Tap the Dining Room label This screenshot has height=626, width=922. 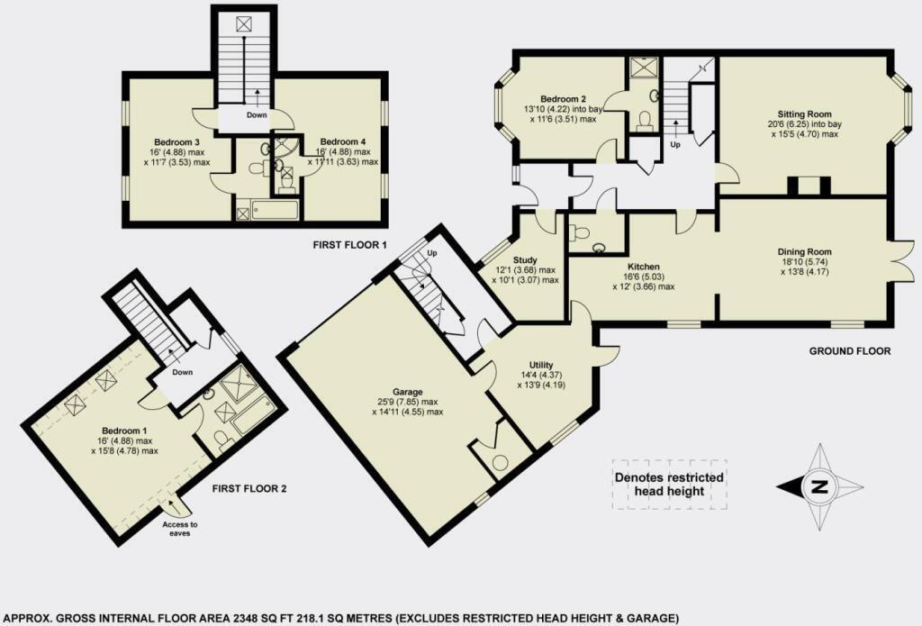(x=804, y=251)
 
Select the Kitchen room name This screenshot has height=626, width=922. (x=646, y=268)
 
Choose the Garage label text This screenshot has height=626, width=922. (x=393, y=391)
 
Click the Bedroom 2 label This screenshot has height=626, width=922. (x=564, y=99)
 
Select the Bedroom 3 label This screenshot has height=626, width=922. (x=176, y=142)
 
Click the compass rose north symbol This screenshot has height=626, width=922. (x=818, y=487)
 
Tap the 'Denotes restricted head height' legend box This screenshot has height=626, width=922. (x=668, y=484)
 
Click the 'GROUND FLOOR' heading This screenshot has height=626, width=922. (x=849, y=351)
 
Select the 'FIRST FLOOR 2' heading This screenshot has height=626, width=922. (x=248, y=489)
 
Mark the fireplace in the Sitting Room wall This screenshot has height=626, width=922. (x=804, y=186)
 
